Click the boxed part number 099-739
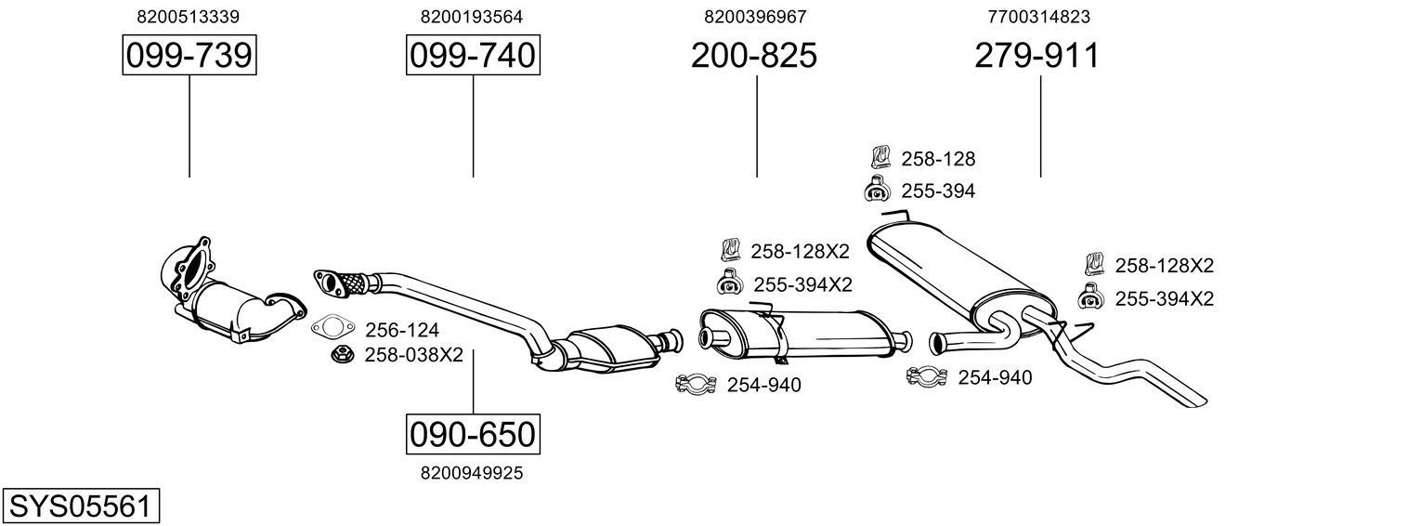(189, 56)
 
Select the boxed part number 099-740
(473, 56)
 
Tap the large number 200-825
(753, 56)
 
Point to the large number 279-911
(1036, 56)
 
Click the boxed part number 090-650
(473, 434)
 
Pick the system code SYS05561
(80, 506)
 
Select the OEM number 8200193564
(472, 17)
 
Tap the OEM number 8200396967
(755, 17)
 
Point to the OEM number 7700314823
(1039, 17)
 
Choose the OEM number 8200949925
(472, 473)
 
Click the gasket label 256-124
(402, 330)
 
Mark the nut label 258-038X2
(413, 355)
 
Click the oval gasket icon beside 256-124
(332, 328)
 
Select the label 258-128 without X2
(938, 159)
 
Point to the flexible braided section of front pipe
(350, 281)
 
